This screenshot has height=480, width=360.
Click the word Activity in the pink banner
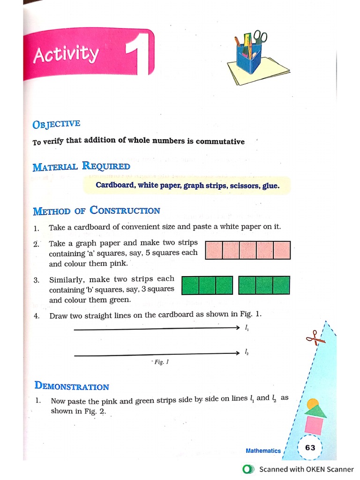pos(66,55)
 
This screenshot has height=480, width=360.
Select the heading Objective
pos(56,124)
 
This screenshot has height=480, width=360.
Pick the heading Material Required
pos(82,166)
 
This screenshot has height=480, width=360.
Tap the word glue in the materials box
pos(270,185)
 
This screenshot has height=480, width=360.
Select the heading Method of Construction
pos(97,211)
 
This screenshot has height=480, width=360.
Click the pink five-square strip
pos(248,250)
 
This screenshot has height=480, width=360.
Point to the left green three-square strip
pos(207,285)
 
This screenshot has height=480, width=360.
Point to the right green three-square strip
pos(264,285)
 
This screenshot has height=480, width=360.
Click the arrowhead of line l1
pos(237,328)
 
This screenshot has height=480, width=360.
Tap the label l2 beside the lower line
pos(247,352)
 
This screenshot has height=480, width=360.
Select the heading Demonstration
pos(72,387)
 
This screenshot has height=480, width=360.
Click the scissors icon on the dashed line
pos(313,337)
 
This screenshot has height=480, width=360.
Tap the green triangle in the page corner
pos(315,411)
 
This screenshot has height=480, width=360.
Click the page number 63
pos(310,447)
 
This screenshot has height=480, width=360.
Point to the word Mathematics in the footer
pos(263,450)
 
